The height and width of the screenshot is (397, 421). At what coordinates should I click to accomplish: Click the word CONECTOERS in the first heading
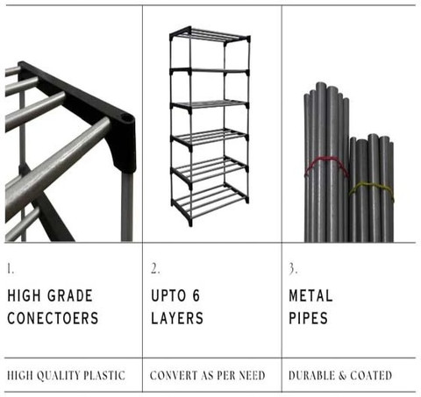pyautogui.click(x=53, y=318)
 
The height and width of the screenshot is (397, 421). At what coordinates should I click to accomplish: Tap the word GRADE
pyautogui.click(x=70, y=295)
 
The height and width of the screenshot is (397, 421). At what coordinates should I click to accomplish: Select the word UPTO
pyautogui.click(x=168, y=295)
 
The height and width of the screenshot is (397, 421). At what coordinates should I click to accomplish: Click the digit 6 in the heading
pyautogui.click(x=196, y=295)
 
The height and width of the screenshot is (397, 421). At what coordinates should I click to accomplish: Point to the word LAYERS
pyautogui.click(x=177, y=318)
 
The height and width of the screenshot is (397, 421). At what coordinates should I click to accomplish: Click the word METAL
pyautogui.click(x=310, y=295)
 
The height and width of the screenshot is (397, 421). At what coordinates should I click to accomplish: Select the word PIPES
pyautogui.click(x=308, y=318)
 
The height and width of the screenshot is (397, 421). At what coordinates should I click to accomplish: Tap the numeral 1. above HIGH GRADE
pyautogui.click(x=11, y=268)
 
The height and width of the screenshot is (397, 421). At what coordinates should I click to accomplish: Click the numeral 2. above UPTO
pyautogui.click(x=155, y=268)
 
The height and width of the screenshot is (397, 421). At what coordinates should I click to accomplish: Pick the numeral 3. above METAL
pyautogui.click(x=293, y=268)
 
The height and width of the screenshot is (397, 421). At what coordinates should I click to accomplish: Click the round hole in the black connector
pyautogui.click(x=126, y=118)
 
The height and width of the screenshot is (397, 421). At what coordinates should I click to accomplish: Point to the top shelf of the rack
pyautogui.click(x=210, y=34)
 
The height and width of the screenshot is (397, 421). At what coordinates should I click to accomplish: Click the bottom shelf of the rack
pyautogui.click(x=210, y=202)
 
